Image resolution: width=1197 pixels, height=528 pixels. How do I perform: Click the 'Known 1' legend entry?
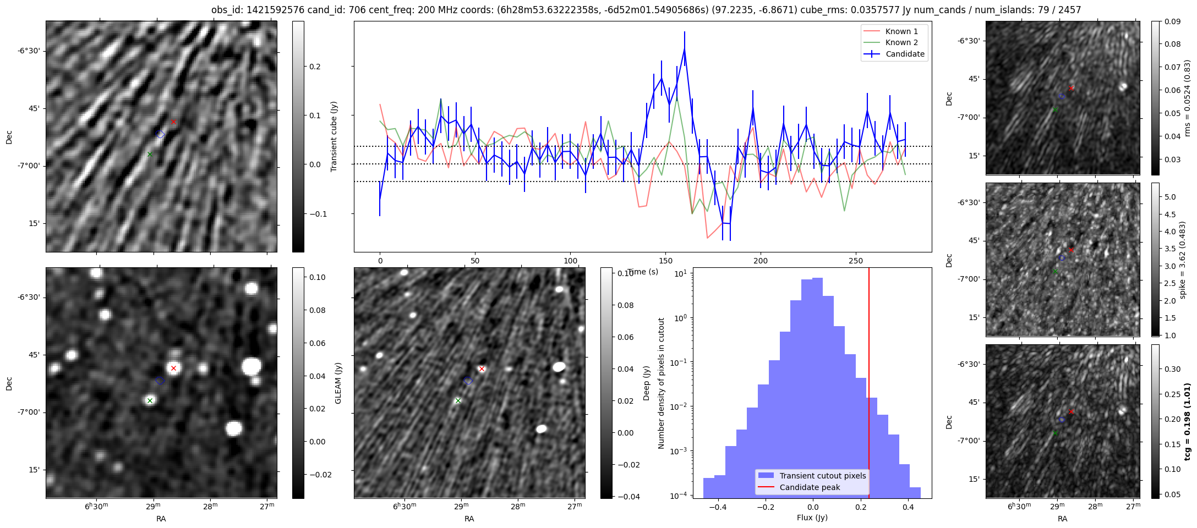tap(901, 31)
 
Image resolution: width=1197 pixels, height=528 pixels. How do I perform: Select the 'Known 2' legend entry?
tap(901, 42)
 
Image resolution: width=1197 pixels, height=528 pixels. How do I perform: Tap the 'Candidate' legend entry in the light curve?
tap(905, 54)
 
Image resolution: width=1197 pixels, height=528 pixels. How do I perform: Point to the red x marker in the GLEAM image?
tap(173, 368)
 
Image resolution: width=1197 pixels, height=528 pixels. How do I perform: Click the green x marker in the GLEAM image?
tap(150, 400)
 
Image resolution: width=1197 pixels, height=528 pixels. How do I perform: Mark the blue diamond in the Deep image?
tap(468, 381)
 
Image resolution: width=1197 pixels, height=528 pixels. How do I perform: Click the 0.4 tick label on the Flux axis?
tap(908, 507)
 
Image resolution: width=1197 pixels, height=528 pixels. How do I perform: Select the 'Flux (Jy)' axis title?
tap(812, 518)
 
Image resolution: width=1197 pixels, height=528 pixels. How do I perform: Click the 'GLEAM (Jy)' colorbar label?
tap(338, 383)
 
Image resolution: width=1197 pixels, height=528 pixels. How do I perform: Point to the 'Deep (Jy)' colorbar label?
tap(646, 383)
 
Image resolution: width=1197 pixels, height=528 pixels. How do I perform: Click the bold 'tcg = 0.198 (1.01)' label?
tap(1188, 421)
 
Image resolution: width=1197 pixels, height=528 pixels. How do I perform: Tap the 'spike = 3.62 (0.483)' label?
tap(1182, 260)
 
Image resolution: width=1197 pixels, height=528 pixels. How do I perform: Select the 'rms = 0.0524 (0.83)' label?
tap(1187, 98)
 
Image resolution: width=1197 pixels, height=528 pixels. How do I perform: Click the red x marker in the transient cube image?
tap(173, 122)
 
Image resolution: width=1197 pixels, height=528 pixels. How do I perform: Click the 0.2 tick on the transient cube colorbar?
tap(315, 67)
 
